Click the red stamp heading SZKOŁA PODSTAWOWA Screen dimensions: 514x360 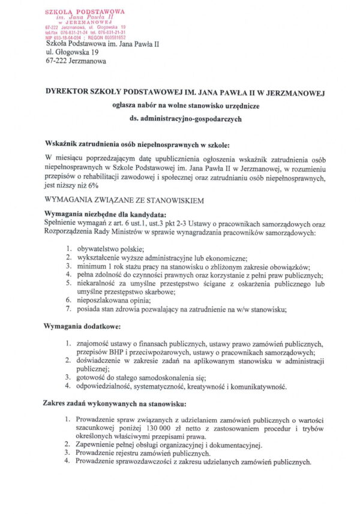[85, 11]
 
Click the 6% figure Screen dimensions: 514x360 [93, 186]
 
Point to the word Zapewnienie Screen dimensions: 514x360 [99, 444]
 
